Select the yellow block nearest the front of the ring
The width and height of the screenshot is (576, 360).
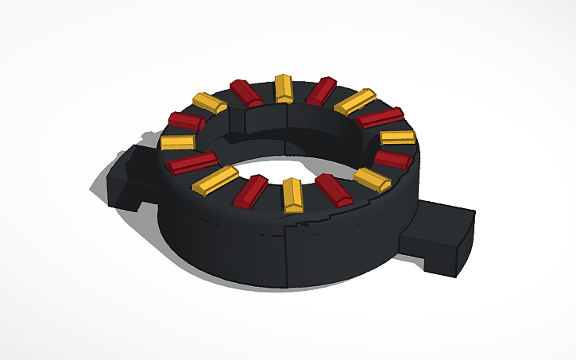[x=292, y=195]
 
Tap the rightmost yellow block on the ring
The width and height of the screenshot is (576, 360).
[x=397, y=137]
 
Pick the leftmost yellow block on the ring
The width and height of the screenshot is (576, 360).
[x=177, y=142]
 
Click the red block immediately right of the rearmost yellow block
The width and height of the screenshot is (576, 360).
[x=322, y=91]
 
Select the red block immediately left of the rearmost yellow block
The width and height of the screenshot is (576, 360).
[x=246, y=92]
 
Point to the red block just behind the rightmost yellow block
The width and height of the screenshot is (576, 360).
[x=380, y=118]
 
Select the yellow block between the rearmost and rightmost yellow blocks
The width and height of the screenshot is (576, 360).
[x=354, y=101]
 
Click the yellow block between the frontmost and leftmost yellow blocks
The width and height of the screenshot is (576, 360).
[x=215, y=180]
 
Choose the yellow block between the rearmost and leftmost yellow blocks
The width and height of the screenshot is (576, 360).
[x=210, y=103]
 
